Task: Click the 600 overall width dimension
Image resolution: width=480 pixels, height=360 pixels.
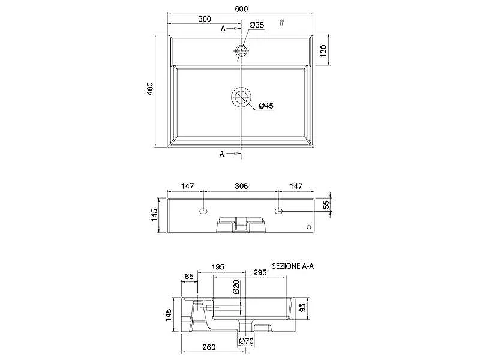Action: [241, 9]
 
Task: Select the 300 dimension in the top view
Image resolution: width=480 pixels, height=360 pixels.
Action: [205, 19]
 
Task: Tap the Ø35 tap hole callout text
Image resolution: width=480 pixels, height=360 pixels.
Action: [257, 25]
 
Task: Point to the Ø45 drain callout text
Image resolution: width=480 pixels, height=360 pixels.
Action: [266, 106]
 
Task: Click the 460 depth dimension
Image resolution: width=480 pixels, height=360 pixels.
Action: [150, 89]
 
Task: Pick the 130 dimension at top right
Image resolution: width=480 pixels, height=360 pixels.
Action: [323, 51]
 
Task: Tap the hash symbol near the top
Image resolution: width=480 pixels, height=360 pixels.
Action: [281, 22]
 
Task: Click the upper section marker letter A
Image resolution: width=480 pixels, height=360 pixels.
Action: [223, 28]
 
